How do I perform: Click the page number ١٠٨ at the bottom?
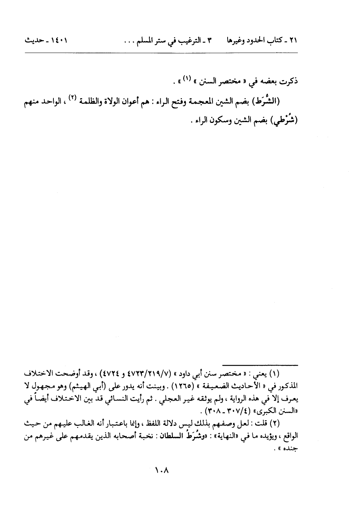tap(163, 470)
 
